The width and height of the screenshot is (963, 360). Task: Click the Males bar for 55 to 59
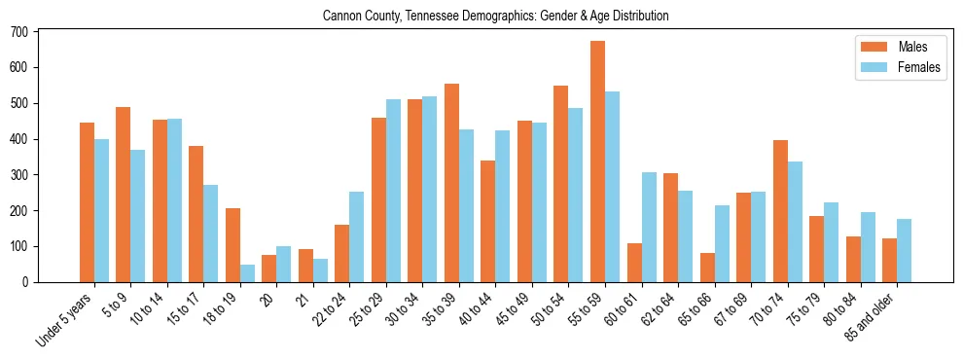(x=597, y=162)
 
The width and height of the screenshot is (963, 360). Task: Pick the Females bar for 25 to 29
(x=393, y=191)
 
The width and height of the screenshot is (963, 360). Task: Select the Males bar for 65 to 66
(x=707, y=268)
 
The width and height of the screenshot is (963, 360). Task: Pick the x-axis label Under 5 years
(x=65, y=318)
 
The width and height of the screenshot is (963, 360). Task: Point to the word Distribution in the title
(x=641, y=17)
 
